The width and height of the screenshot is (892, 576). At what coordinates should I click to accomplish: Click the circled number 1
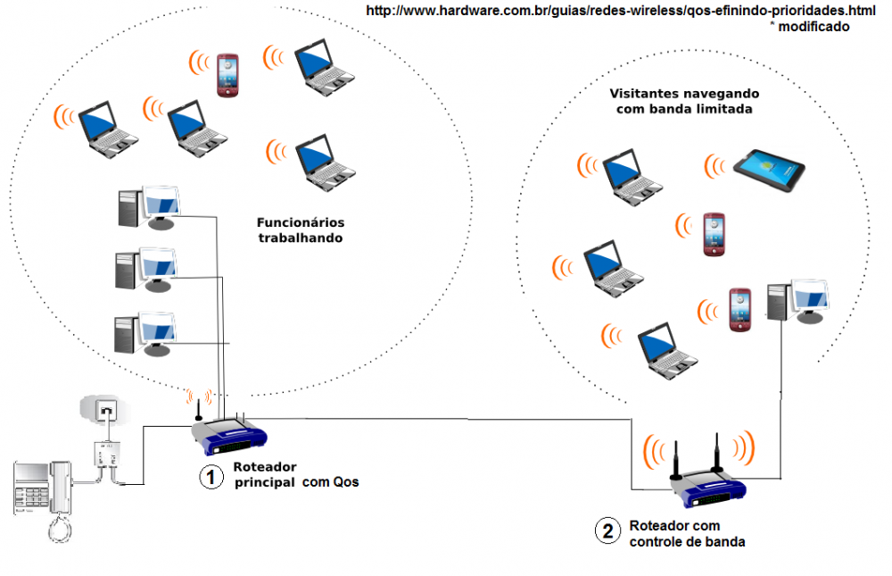(211, 478)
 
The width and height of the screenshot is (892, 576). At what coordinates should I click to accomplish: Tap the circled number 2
(607, 531)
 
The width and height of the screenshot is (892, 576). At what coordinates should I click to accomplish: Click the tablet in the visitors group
(769, 170)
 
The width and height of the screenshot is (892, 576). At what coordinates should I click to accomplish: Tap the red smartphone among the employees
(228, 75)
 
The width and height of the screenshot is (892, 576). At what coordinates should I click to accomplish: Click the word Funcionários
(301, 222)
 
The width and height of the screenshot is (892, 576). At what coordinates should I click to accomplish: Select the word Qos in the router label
(345, 483)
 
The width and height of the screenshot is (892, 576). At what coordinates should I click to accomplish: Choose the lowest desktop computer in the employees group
(144, 333)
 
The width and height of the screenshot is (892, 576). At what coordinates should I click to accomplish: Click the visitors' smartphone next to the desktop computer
(739, 310)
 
